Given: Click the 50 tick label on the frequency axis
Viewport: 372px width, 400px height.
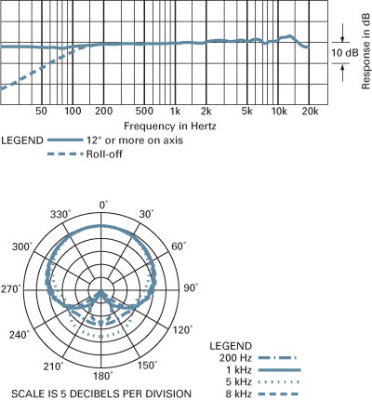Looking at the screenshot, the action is click(x=41, y=111).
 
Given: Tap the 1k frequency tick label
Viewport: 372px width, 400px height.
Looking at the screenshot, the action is click(x=175, y=111).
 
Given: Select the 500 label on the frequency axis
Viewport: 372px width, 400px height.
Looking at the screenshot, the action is click(x=144, y=111).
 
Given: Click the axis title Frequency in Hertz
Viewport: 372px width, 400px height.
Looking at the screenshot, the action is click(x=170, y=127).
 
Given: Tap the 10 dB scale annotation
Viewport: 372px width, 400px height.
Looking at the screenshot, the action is click(x=345, y=53).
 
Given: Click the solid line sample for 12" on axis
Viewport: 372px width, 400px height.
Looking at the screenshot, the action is click(x=65, y=140).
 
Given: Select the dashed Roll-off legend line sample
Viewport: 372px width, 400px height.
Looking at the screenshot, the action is click(x=65, y=153).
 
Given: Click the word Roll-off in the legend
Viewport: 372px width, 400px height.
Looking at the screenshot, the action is click(x=104, y=153).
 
